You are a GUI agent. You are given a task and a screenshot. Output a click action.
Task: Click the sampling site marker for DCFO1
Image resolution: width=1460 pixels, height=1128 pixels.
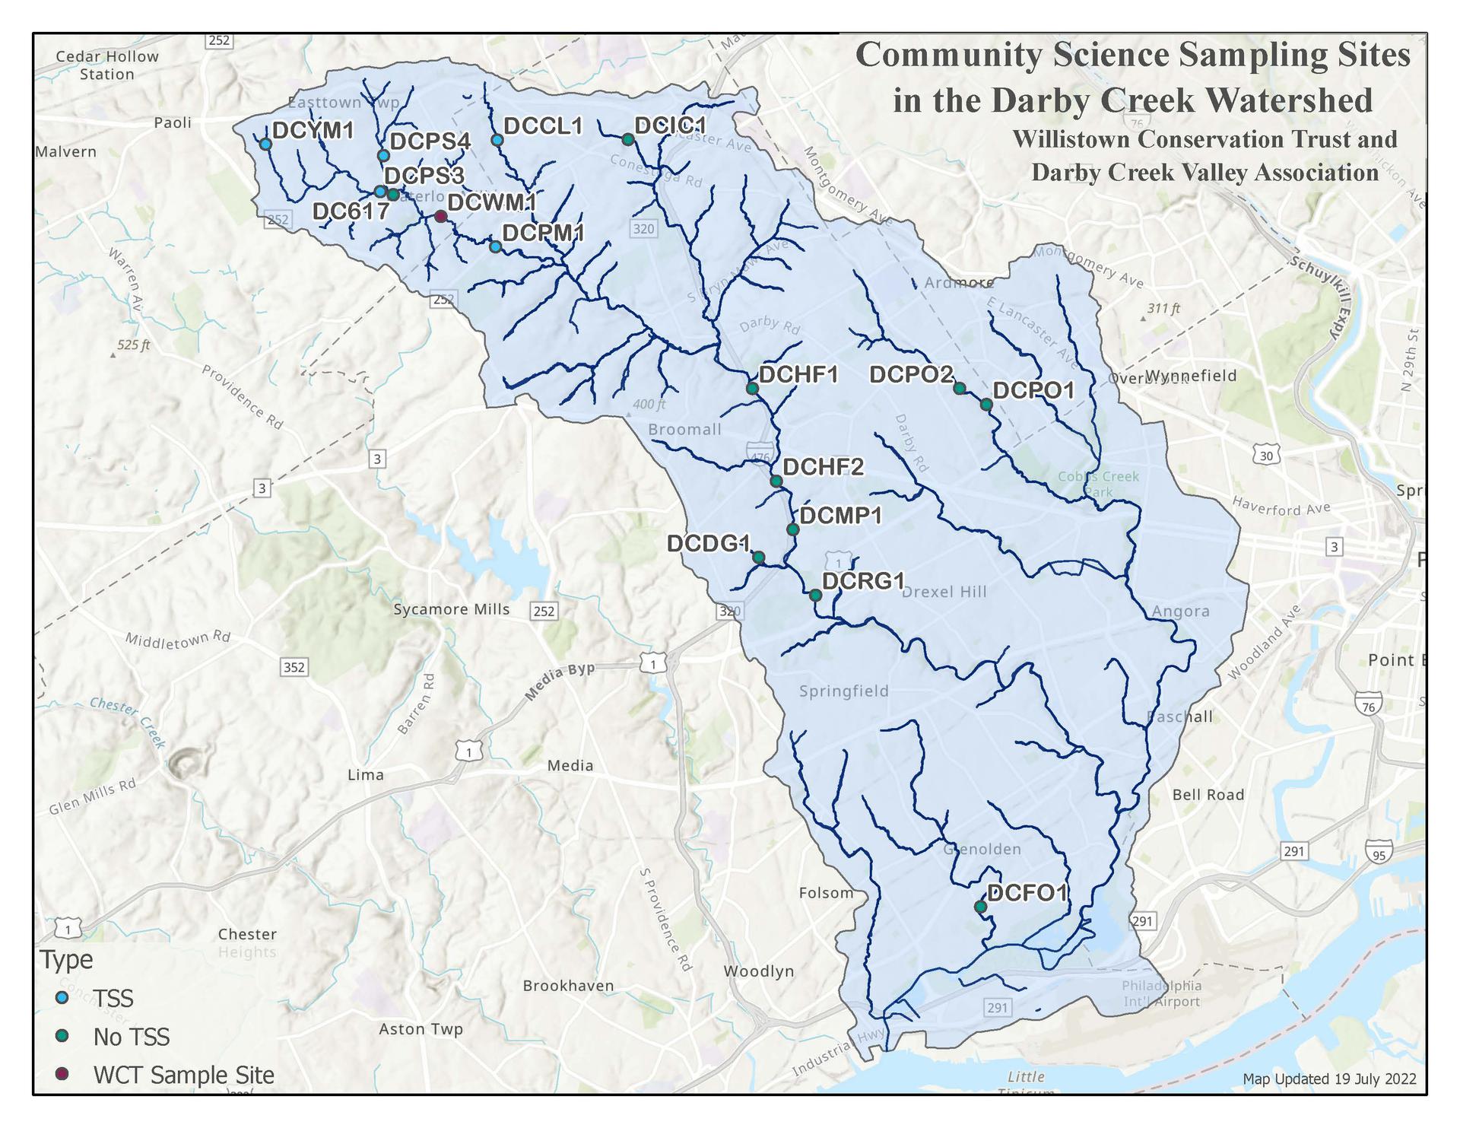tap(980, 907)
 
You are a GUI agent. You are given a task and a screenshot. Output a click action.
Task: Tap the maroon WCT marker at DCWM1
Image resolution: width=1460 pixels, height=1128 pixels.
tap(440, 217)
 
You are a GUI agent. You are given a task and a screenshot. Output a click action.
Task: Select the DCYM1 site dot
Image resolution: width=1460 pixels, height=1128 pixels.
tap(265, 144)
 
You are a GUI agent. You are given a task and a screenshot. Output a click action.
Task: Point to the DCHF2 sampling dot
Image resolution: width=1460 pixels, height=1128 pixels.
tap(776, 481)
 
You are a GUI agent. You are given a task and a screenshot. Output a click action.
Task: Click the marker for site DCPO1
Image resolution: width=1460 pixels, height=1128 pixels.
tap(986, 405)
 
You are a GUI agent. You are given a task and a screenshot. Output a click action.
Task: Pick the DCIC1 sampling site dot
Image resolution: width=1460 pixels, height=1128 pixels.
tap(628, 140)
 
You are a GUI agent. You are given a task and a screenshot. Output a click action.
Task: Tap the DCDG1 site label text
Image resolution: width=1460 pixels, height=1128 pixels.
tap(708, 543)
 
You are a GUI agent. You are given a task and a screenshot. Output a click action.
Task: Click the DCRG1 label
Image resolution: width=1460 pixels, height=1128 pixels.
tap(864, 581)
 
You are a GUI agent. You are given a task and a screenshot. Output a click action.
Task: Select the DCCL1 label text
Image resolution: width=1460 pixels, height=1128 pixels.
tap(543, 126)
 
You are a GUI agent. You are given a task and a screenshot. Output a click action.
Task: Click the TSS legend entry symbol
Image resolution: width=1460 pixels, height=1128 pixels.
tap(63, 997)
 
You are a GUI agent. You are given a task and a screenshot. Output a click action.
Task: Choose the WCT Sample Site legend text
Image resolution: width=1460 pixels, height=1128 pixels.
tap(183, 1075)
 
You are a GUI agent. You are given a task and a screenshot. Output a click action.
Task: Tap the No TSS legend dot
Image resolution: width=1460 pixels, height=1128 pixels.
tap(63, 1036)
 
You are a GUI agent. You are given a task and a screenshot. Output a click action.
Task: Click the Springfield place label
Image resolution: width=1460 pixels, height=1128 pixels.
tap(843, 691)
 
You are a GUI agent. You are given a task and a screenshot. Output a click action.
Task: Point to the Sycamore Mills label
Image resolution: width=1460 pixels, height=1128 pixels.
tap(451, 609)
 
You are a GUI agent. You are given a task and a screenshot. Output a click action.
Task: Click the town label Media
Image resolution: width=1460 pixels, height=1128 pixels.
tap(570, 765)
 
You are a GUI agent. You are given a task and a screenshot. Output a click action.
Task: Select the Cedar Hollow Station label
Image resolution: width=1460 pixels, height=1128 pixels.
tap(106, 65)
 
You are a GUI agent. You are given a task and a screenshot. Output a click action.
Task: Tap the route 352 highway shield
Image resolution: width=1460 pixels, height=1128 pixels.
tap(294, 667)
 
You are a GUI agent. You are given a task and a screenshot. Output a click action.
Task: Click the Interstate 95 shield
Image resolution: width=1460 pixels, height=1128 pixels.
tap(1379, 854)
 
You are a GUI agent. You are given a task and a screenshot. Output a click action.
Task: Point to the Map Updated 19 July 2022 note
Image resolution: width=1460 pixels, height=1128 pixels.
tap(1329, 1079)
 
